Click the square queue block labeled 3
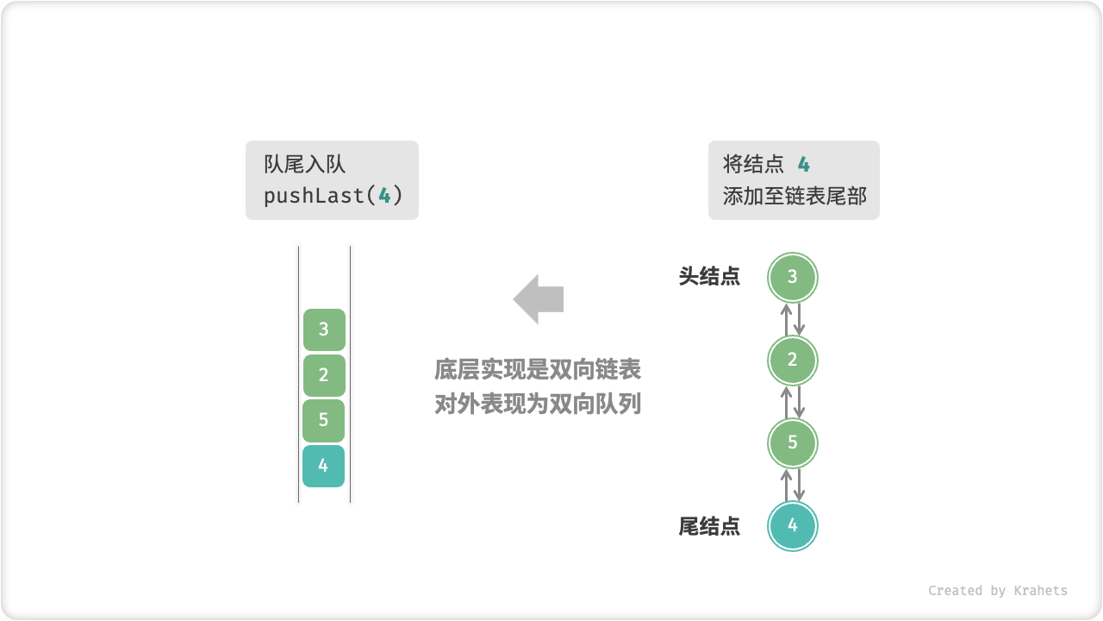(x=324, y=329)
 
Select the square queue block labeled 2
(x=324, y=375)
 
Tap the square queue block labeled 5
(x=324, y=420)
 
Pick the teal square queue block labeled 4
(x=324, y=466)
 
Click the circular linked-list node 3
(x=792, y=277)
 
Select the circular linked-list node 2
(x=792, y=361)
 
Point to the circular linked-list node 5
(x=792, y=443)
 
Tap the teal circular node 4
(x=792, y=526)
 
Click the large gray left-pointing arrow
(x=539, y=299)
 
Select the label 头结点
(x=709, y=277)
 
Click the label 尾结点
(x=709, y=526)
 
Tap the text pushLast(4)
(x=333, y=196)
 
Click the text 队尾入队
(x=304, y=165)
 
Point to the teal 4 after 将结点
(x=803, y=165)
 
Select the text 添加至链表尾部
(x=795, y=196)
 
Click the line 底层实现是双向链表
(x=538, y=371)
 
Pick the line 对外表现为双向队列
(x=538, y=404)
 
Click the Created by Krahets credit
(x=997, y=591)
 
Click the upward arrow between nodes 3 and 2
(x=786, y=319)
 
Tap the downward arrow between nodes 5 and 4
(x=799, y=485)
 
